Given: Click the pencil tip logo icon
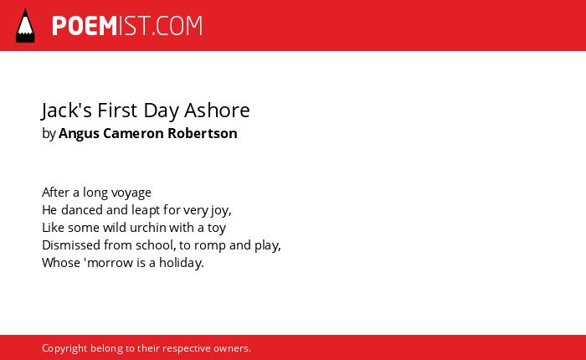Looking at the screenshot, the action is click(x=25, y=26).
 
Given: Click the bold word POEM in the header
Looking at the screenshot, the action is click(x=85, y=26).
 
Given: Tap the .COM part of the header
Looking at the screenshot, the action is click(x=177, y=26).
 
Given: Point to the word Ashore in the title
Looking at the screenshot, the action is click(x=217, y=111).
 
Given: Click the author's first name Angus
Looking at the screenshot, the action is click(x=79, y=134).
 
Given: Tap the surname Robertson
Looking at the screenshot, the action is click(x=203, y=133).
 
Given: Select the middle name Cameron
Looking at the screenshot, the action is click(x=133, y=133).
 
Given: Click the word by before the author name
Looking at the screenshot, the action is click(x=49, y=134).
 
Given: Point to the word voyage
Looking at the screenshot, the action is click(x=131, y=193).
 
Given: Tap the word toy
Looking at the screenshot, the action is click(x=217, y=229).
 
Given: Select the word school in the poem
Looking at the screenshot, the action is click(x=154, y=245).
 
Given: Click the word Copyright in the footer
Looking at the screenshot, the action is click(x=64, y=349).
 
